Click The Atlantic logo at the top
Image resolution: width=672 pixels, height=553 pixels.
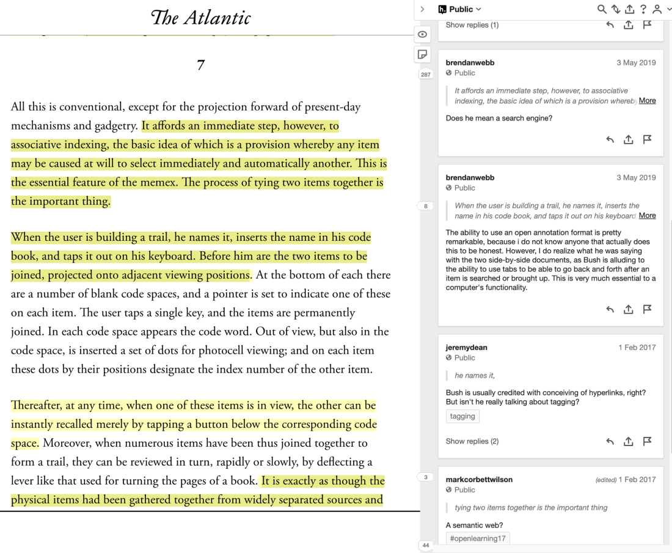point(200,18)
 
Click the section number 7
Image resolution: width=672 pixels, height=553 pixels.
point(200,65)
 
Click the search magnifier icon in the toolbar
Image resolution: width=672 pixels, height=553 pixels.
point(602,9)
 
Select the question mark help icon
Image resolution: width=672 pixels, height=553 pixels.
point(643,9)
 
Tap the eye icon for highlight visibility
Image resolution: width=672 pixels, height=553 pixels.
point(422,34)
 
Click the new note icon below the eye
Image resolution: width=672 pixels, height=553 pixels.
point(422,54)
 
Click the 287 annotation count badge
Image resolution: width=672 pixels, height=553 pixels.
point(426,75)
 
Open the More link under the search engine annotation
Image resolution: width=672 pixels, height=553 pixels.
point(647,101)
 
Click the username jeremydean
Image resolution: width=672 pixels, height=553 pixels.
point(466,347)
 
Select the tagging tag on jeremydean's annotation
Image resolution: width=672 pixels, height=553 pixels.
point(462,416)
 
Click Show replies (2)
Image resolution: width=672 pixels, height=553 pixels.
point(472,441)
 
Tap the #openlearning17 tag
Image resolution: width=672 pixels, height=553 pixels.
point(478,538)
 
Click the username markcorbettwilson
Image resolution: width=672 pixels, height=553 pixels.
point(479,480)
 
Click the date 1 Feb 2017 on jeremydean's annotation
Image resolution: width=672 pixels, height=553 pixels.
point(637,347)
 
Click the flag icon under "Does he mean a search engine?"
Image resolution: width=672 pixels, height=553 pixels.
point(647,139)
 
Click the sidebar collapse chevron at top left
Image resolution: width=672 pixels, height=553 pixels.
point(422,9)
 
